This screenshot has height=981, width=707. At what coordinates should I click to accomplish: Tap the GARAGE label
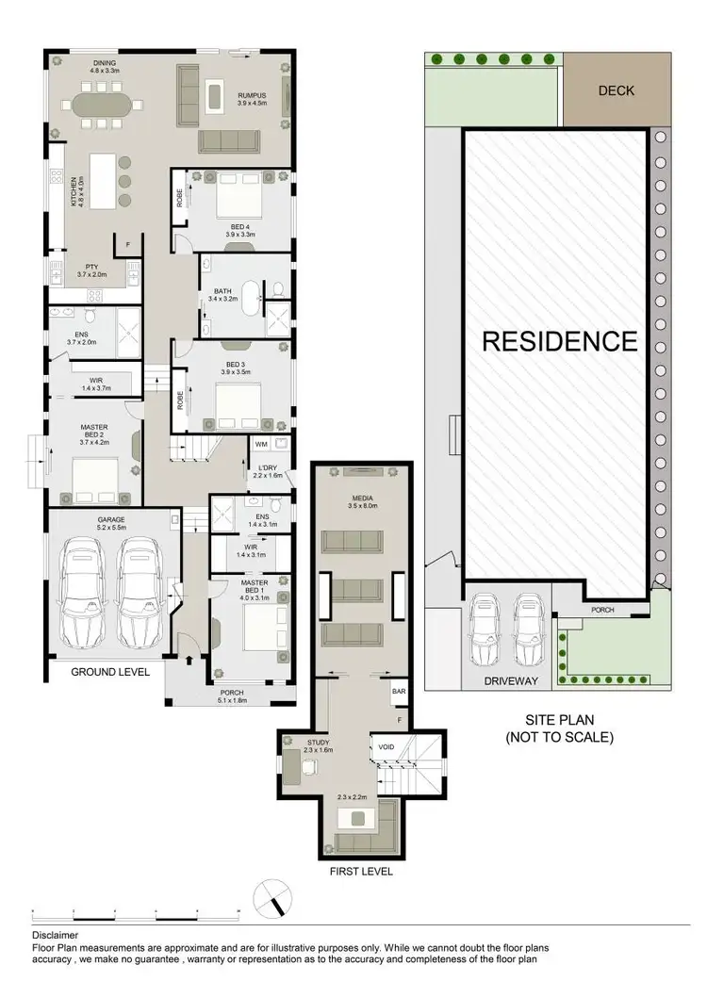111,520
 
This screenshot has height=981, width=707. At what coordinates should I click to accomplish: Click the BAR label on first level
399,692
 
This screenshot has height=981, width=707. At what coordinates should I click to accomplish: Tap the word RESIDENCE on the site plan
559,341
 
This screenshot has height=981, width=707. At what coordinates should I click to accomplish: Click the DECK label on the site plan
617,91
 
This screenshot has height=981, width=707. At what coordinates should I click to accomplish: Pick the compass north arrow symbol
273,897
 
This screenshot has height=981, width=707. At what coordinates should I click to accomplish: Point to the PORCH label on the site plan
602,610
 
